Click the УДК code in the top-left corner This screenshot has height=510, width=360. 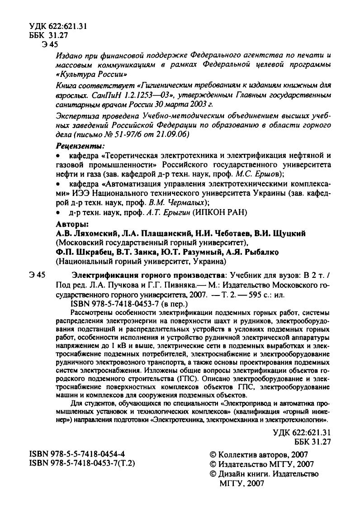pos(57,26)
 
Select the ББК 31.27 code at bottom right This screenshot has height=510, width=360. pos(307,441)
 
